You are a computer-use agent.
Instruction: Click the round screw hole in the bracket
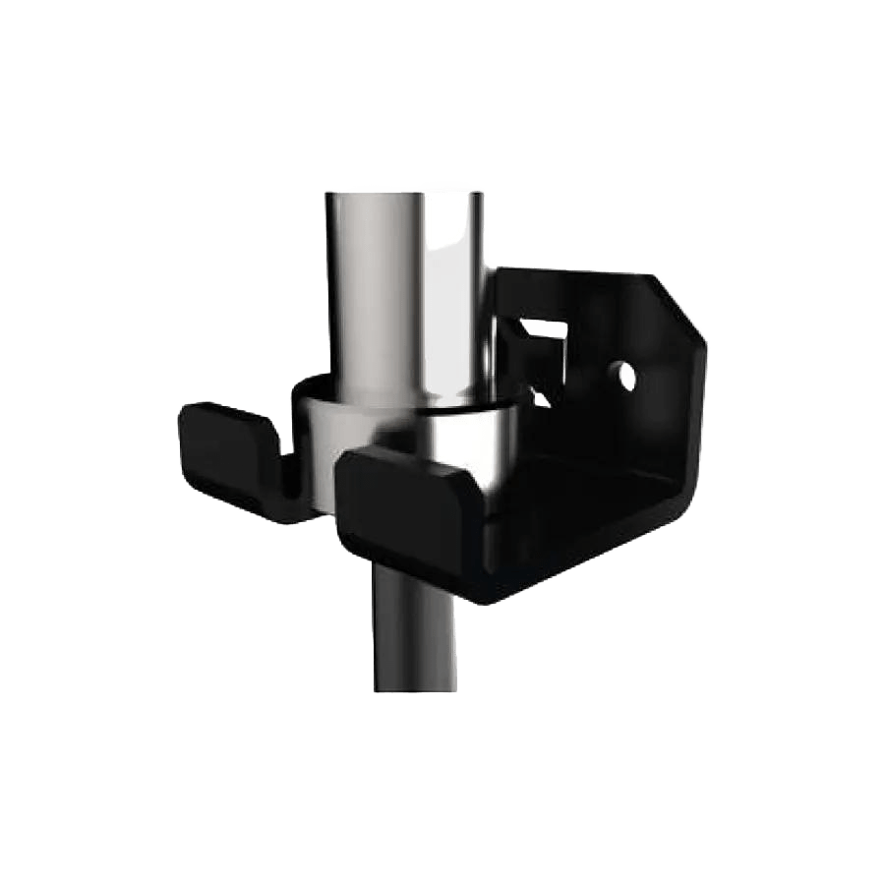(622, 374)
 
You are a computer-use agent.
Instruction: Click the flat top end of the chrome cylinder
(405, 189)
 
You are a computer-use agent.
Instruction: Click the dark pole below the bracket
(413, 629)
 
